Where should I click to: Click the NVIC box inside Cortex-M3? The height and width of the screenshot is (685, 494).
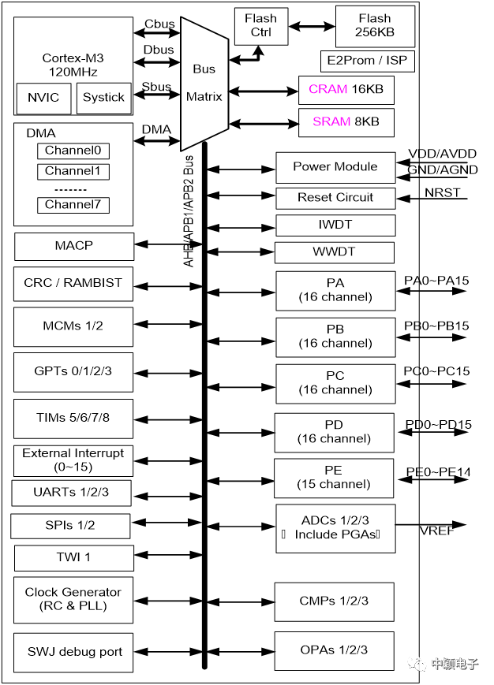point(43,98)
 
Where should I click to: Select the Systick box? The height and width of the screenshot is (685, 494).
point(103,98)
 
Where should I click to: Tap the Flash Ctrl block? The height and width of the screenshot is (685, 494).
point(261,25)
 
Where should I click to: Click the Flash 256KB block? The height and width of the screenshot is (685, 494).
point(375,26)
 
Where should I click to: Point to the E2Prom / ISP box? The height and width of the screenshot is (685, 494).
point(367,61)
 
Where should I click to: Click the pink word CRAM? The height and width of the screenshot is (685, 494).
point(328,90)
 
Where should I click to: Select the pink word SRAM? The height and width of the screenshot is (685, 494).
point(330,122)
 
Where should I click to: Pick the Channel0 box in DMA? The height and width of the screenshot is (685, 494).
point(73,151)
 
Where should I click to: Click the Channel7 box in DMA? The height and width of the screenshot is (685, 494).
point(73,205)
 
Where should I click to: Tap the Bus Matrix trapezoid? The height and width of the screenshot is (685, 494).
point(204,83)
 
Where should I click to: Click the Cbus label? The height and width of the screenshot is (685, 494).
point(159,23)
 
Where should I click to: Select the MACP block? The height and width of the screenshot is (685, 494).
point(73,246)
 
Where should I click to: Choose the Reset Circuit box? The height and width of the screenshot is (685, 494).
point(335,197)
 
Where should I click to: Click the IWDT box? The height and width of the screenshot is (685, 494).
point(335,225)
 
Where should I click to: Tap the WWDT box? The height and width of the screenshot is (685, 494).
point(335,252)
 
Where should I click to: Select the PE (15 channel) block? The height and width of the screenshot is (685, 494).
point(335,478)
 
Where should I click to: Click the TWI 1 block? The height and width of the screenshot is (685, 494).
point(73,557)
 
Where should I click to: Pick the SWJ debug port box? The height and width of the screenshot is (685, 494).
point(73,652)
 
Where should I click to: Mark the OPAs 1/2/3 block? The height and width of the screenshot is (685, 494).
point(334,650)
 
